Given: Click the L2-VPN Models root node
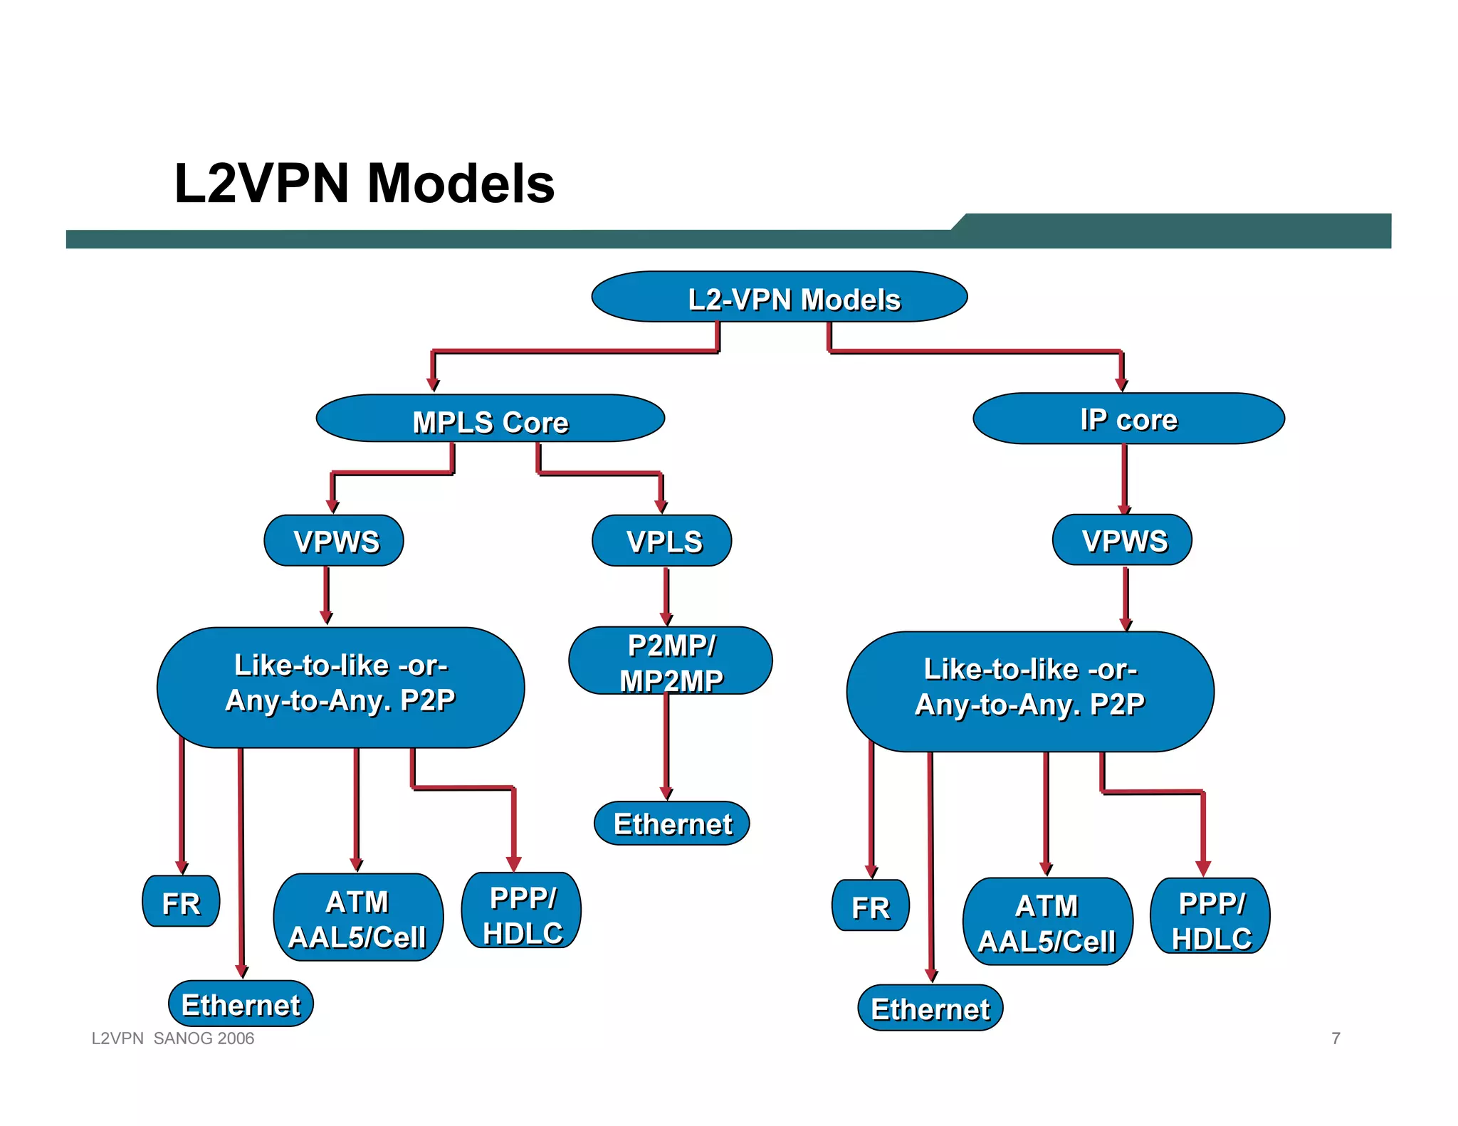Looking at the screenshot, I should (779, 298).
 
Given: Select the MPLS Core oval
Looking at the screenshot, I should (490, 419).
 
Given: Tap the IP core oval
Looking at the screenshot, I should (1128, 419).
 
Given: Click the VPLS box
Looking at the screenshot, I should (661, 541).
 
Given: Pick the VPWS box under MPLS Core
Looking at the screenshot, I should (333, 541).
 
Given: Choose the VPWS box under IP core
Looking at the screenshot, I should (1122, 540).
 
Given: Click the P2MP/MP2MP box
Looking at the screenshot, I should (670, 661).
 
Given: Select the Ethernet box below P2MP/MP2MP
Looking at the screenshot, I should (671, 824).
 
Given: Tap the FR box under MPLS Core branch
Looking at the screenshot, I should (181, 902).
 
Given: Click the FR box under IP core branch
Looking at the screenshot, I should (870, 906).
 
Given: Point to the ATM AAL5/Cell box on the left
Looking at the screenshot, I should (358, 918).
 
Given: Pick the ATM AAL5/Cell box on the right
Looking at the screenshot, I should (1047, 922).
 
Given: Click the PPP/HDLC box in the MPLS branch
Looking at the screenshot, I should (522, 912).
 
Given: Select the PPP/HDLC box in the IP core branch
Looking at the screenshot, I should (1210, 917).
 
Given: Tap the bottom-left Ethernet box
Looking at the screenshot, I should (241, 1004).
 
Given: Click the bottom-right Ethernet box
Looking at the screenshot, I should (930, 1009).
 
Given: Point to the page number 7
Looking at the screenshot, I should (1336, 1038).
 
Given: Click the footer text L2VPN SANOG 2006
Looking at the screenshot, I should (173, 1038).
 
